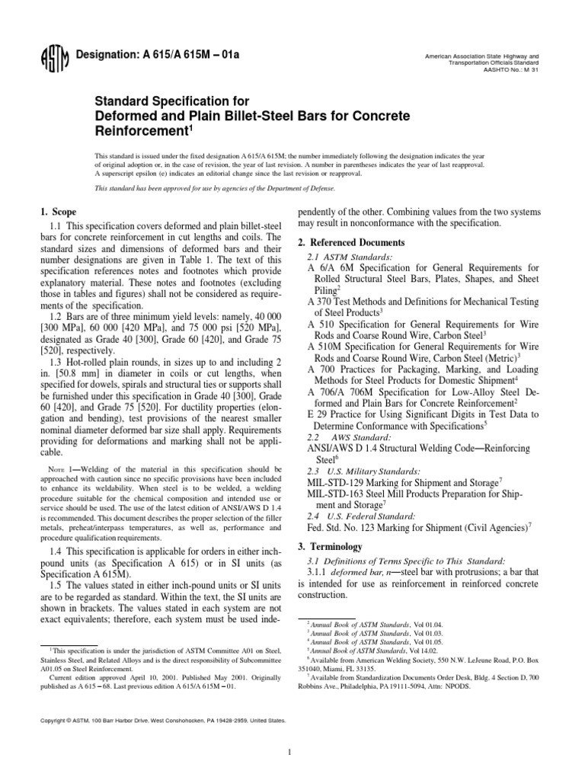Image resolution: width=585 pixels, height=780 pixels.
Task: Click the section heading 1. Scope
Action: (x=57, y=212)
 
